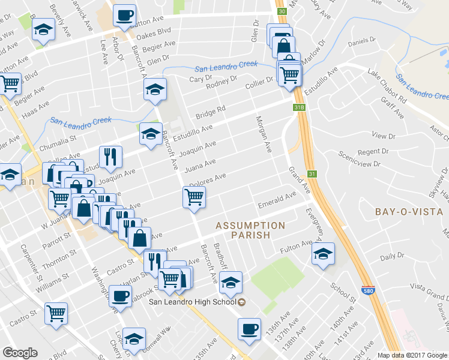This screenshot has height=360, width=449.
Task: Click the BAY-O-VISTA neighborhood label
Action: pos(408,212)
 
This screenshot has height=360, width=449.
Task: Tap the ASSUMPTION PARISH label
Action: pos(250,230)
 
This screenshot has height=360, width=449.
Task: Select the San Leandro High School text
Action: pos(193,301)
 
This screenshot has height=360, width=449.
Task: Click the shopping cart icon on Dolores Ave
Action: pos(194,197)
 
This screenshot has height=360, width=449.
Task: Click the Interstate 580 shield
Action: pos(367,290)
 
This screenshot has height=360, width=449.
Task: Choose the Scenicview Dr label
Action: pos(360,159)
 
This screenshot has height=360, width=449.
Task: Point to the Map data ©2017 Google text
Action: pos(412,355)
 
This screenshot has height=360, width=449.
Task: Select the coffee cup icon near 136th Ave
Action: pos(249,328)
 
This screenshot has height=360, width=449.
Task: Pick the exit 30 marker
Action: pos(282,11)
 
